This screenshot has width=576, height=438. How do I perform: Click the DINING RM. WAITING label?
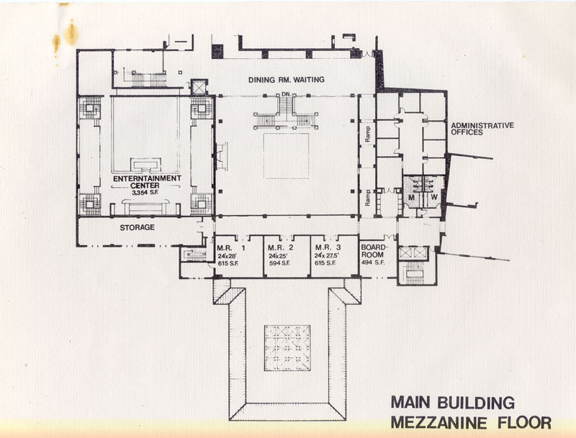[286, 80]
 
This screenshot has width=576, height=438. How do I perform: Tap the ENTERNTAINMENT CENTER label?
[147, 182]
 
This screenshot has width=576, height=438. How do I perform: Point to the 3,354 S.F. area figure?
[145, 192]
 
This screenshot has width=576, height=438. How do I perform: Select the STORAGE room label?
[137, 227]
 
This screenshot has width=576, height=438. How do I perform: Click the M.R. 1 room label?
[231, 247]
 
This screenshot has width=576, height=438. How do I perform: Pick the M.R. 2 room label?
[281, 247]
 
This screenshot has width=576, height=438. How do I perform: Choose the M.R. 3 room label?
[328, 247]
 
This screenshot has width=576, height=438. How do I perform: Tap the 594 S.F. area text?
[279, 263]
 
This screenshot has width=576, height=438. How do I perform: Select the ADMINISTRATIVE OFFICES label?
[482, 129]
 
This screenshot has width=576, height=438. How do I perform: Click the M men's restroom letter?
[411, 197]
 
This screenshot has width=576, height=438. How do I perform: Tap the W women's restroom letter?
[434, 197]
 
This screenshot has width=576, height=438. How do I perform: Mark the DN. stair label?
[287, 94]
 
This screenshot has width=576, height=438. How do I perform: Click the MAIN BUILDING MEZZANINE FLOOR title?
[471, 412]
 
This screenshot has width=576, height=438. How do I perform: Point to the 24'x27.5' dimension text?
[327, 256]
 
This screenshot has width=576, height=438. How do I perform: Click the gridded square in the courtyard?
[287, 348]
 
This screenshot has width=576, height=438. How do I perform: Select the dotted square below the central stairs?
[286, 156]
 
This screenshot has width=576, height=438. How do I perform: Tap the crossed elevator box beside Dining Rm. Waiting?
[199, 87]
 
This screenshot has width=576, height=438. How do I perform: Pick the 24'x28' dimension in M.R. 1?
[227, 256]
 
